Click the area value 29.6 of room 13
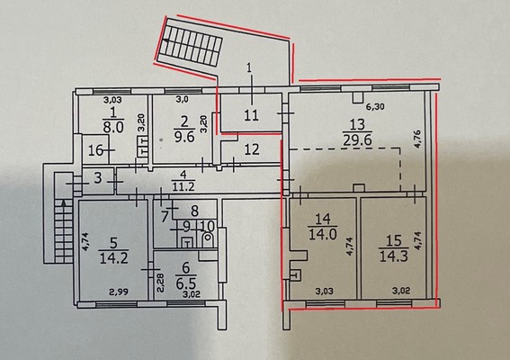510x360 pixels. point(357,140)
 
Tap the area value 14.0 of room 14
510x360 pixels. point(323,234)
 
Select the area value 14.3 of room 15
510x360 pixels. point(394,256)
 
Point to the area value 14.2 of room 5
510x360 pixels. point(113,258)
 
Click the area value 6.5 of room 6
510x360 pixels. point(185,283)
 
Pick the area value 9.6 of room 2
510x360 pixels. point(184,137)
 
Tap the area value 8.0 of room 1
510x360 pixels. point(113,127)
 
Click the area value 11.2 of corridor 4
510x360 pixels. point(183,186)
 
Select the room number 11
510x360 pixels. point(252,115)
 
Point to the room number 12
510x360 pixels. point(252,149)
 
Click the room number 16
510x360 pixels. point(95,150)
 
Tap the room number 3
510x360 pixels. point(98,178)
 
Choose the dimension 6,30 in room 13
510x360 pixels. point(375,106)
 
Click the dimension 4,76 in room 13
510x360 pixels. point(418,139)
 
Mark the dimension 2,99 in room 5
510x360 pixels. point(119,292)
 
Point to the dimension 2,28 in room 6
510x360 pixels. point(162,283)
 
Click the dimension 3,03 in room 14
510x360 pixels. point(325,291)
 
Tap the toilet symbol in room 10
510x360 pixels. point(207,240)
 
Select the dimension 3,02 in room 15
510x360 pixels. point(401,290)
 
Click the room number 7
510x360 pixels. point(165,215)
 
